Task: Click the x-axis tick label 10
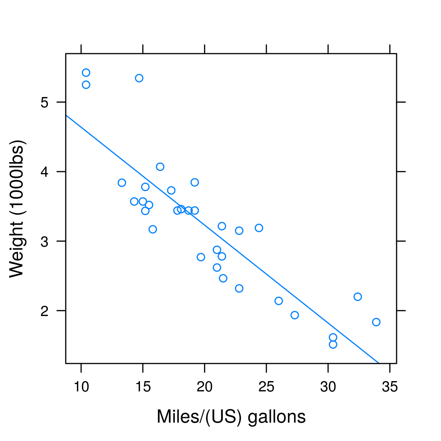pos(81,387)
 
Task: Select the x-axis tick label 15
pos(143,387)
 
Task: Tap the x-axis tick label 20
pos(204,387)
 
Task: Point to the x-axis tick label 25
pos(266,387)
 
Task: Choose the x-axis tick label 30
pos(328,387)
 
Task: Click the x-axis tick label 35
pos(390,387)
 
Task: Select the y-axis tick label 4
pos(44,172)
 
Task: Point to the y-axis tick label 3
pos(44,241)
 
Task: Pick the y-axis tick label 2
pos(44,311)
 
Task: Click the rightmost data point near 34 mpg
pos(376,322)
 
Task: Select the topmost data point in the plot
pos(86,72)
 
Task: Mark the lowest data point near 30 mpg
pos(333,344)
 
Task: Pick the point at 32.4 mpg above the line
pos(358,297)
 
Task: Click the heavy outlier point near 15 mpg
pos(139,78)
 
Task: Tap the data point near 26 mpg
pos(279,301)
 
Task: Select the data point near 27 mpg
pos(295,315)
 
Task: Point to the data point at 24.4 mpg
pos(259,228)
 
